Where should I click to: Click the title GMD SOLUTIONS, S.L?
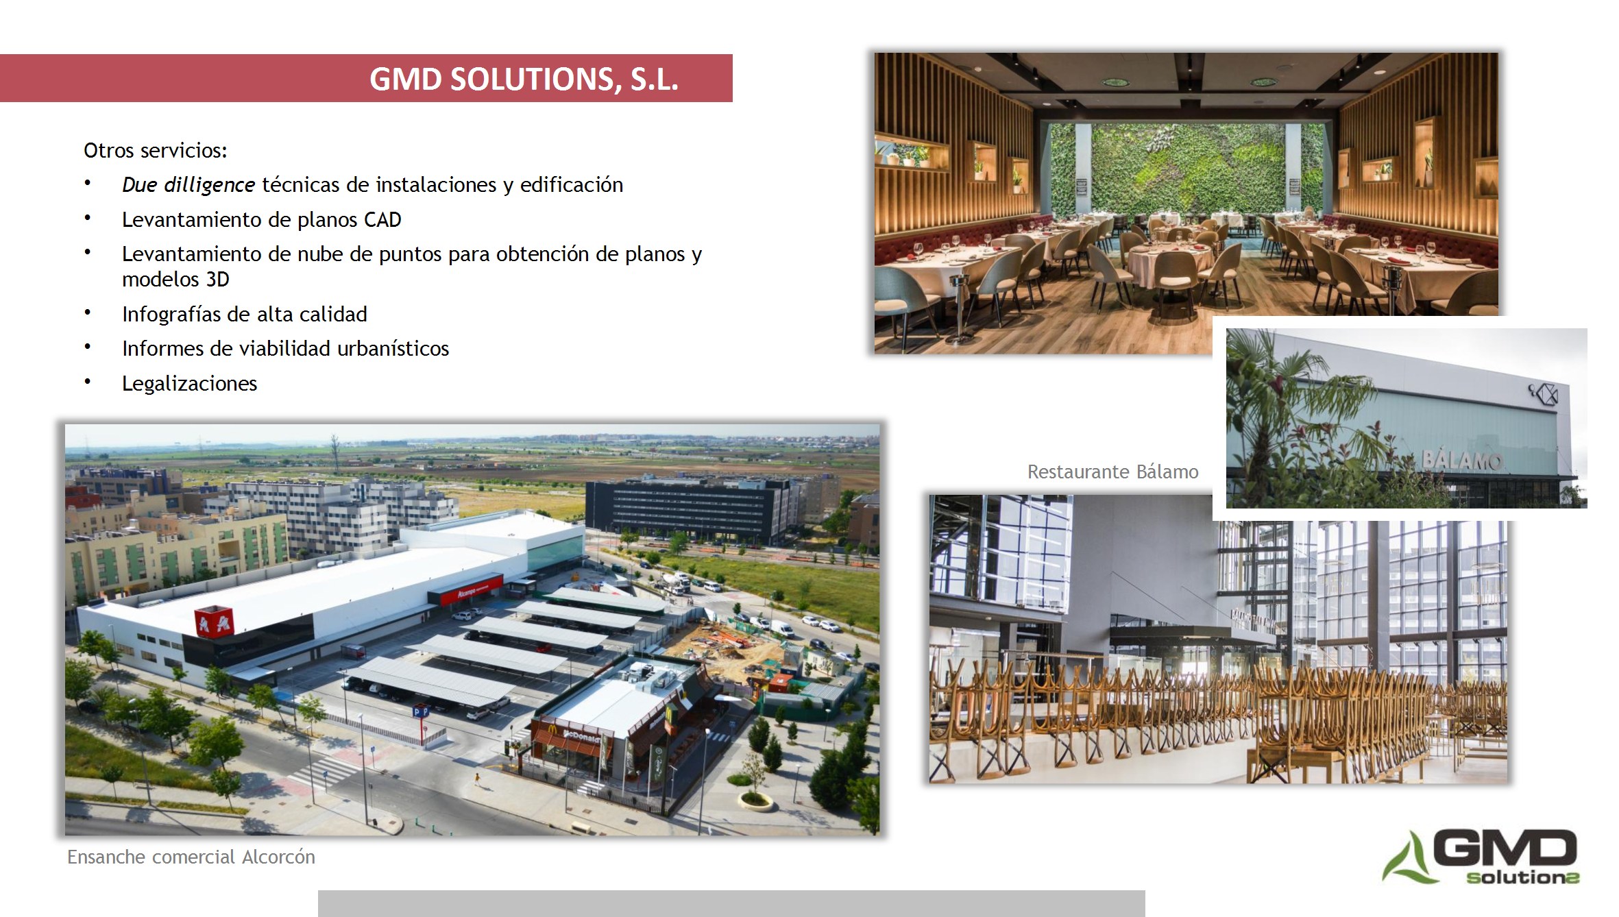click(x=524, y=79)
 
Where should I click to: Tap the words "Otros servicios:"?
click(x=156, y=150)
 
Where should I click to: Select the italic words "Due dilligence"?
click(x=188, y=185)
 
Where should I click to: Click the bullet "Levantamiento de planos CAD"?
click(x=261, y=219)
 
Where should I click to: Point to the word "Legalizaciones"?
click(x=189, y=383)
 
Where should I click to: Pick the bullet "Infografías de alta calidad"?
click(x=245, y=314)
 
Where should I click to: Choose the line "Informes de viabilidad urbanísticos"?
click(x=285, y=348)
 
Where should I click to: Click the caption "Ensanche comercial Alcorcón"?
click(x=191, y=857)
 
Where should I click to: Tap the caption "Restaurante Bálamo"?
click(x=1112, y=472)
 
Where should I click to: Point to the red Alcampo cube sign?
click(x=215, y=621)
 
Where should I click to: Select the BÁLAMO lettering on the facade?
click(x=1462, y=460)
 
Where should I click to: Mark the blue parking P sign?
click(x=420, y=712)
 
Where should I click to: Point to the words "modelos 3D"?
click(x=175, y=280)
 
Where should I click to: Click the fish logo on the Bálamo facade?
click(x=1542, y=394)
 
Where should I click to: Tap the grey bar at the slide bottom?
click(x=731, y=903)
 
